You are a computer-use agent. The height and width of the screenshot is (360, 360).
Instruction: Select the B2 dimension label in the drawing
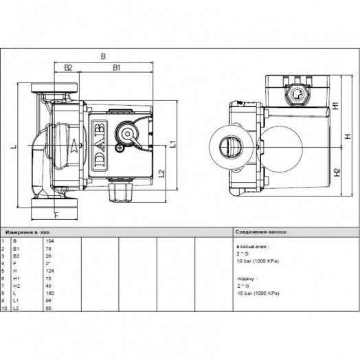(69, 67)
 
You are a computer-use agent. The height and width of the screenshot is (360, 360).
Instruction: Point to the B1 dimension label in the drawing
(117, 67)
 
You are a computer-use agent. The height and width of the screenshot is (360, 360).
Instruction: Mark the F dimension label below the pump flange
(56, 214)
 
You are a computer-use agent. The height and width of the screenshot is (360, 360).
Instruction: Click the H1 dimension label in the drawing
(335, 106)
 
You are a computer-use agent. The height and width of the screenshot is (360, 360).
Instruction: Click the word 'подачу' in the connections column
(245, 280)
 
